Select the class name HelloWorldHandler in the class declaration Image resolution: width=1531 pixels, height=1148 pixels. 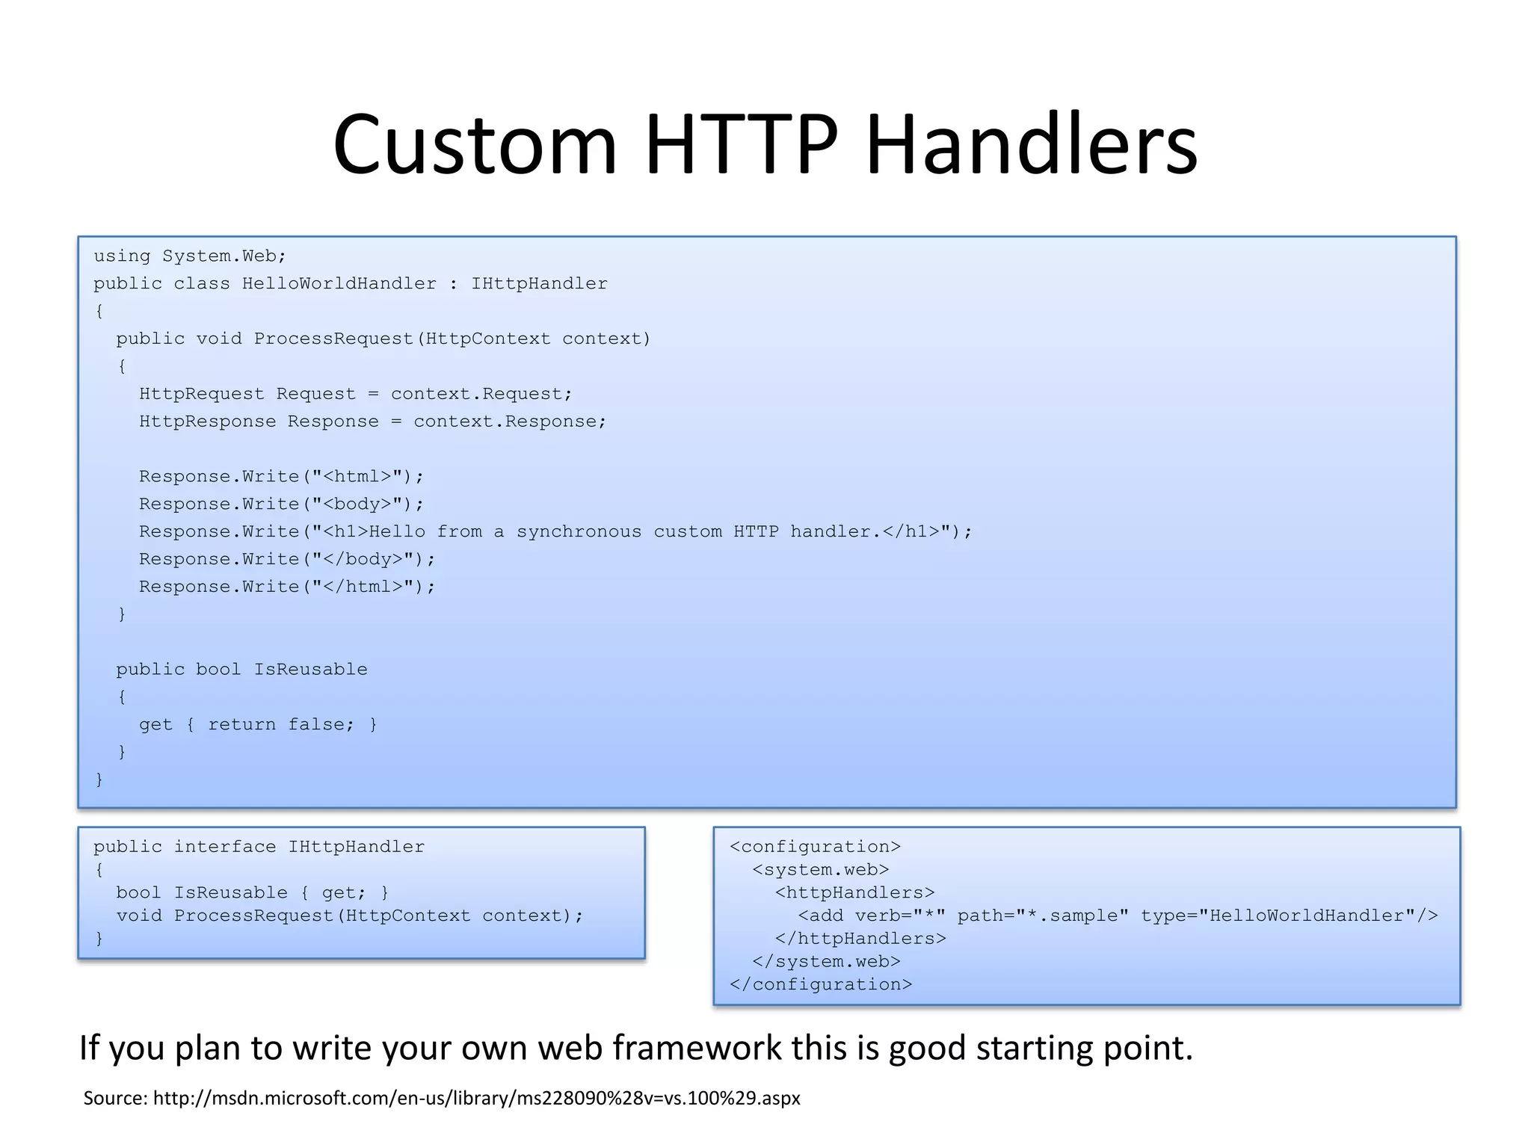339,284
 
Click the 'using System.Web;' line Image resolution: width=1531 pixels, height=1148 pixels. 190,256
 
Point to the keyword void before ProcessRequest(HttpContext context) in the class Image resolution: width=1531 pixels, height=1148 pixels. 219,339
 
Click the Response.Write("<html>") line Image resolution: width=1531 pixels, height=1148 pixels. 281,477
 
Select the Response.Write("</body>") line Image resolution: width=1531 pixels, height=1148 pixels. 286,560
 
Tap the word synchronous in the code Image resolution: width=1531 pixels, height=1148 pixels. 579,532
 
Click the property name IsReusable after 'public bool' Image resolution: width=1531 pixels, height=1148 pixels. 310,670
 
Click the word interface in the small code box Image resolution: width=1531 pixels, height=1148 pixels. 224,847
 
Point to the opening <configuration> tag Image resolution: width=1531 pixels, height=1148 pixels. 815,847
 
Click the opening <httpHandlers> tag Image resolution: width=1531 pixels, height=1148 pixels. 854,893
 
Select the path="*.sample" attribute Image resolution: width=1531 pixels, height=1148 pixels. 1042,916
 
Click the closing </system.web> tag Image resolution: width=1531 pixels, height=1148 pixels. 826,962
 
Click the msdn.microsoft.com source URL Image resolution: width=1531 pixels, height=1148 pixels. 476,1098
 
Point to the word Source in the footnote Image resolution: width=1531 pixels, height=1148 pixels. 114,1098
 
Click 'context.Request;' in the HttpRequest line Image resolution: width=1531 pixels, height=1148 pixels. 481,395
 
